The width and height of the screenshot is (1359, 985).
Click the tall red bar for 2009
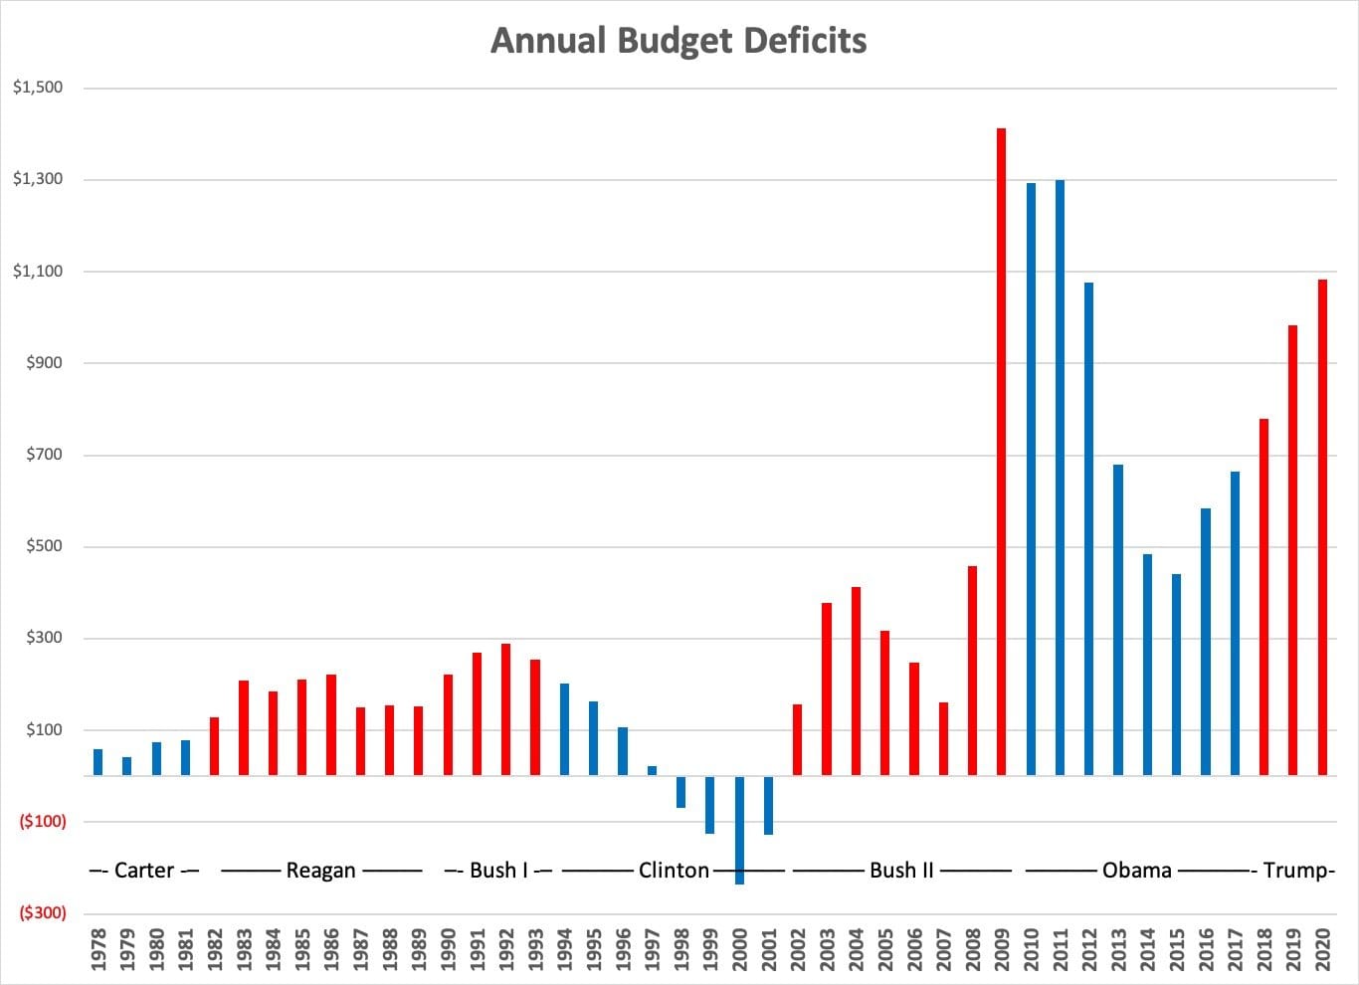click(x=1001, y=452)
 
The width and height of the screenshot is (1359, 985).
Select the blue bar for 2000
click(x=739, y=829)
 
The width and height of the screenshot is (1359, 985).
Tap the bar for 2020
click(x=1322, y=527)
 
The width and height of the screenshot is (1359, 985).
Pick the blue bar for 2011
click(x=1060, y=478)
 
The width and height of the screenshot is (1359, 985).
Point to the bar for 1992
click(x=505, y=709)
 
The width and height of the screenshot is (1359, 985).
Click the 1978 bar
click(x=97, y=762)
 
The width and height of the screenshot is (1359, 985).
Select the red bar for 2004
click(x=856, y=682)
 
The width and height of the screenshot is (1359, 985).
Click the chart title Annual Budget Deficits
click(x=679, y=41)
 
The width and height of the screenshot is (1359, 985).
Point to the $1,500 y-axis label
click(x=38, y=88)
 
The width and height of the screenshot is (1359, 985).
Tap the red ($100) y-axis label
click(x=43, y=822)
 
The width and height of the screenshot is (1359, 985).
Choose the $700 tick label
click(x=44, y=455)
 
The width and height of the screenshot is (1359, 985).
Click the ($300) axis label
click(x=43, y=913)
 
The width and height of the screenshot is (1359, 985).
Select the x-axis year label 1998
click(x=681, y=949)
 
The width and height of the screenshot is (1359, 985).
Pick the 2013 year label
click(x=1118, y=949)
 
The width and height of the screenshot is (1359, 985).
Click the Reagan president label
click(x=320, y=871)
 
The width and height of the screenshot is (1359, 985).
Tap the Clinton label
click(x=674, y=871)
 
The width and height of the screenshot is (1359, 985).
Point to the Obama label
click(x=1137, y=871)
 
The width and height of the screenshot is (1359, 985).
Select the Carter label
click(x=144, y=871)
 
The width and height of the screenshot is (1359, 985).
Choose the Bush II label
click(x=901, y=871)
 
